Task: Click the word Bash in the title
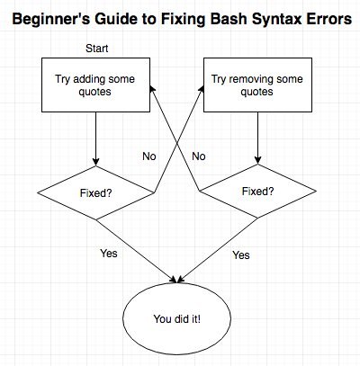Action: (x=229, y=19)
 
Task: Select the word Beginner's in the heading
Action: (x=51, y=20)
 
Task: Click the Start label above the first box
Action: (x=96, y=49)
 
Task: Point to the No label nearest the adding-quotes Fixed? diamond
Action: (x=149, y=156)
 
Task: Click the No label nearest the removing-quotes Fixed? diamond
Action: (x=199, y=156)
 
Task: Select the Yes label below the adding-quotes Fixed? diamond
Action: (x=109, y=254)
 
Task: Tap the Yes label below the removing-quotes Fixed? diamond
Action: (x=241, y=255)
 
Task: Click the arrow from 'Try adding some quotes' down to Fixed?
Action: (x=95, y=139)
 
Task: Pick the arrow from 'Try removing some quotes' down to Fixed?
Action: (x=257, y=138)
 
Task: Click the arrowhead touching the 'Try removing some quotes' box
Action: (x=201, y=89)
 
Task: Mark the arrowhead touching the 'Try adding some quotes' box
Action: (x=152, y=89)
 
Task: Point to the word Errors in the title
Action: (x=329, y=19)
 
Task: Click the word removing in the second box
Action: (x=251, y=79)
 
